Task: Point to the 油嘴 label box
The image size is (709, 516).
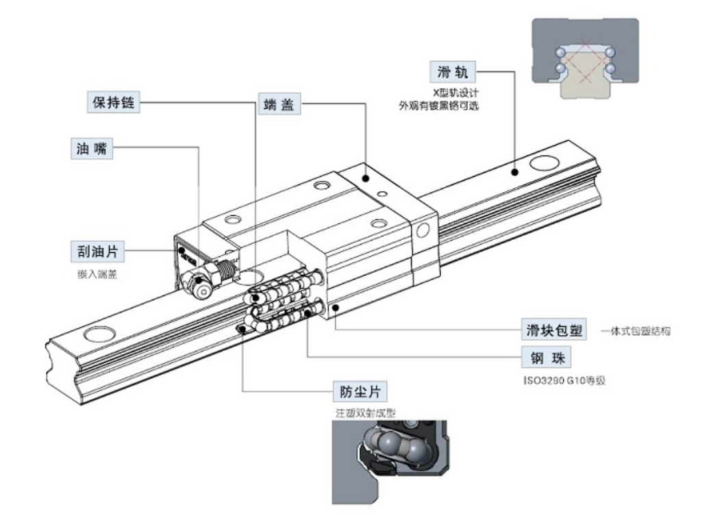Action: pos(91,148)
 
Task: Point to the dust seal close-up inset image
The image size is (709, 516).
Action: pos(388,460)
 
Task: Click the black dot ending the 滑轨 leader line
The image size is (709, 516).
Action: pos(514,173)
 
